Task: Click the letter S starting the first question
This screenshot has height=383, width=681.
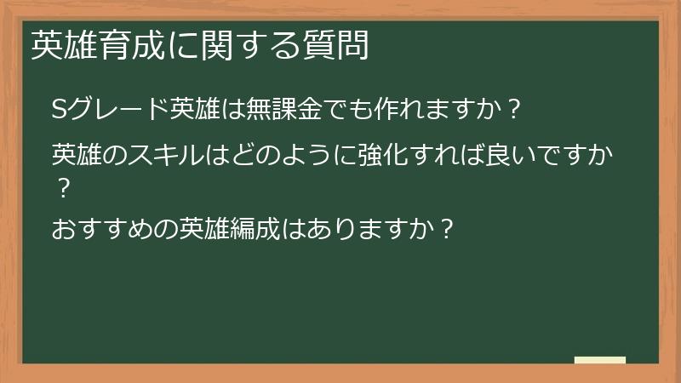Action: point(59,111)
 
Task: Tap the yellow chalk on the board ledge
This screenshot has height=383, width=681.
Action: point(599,360)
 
